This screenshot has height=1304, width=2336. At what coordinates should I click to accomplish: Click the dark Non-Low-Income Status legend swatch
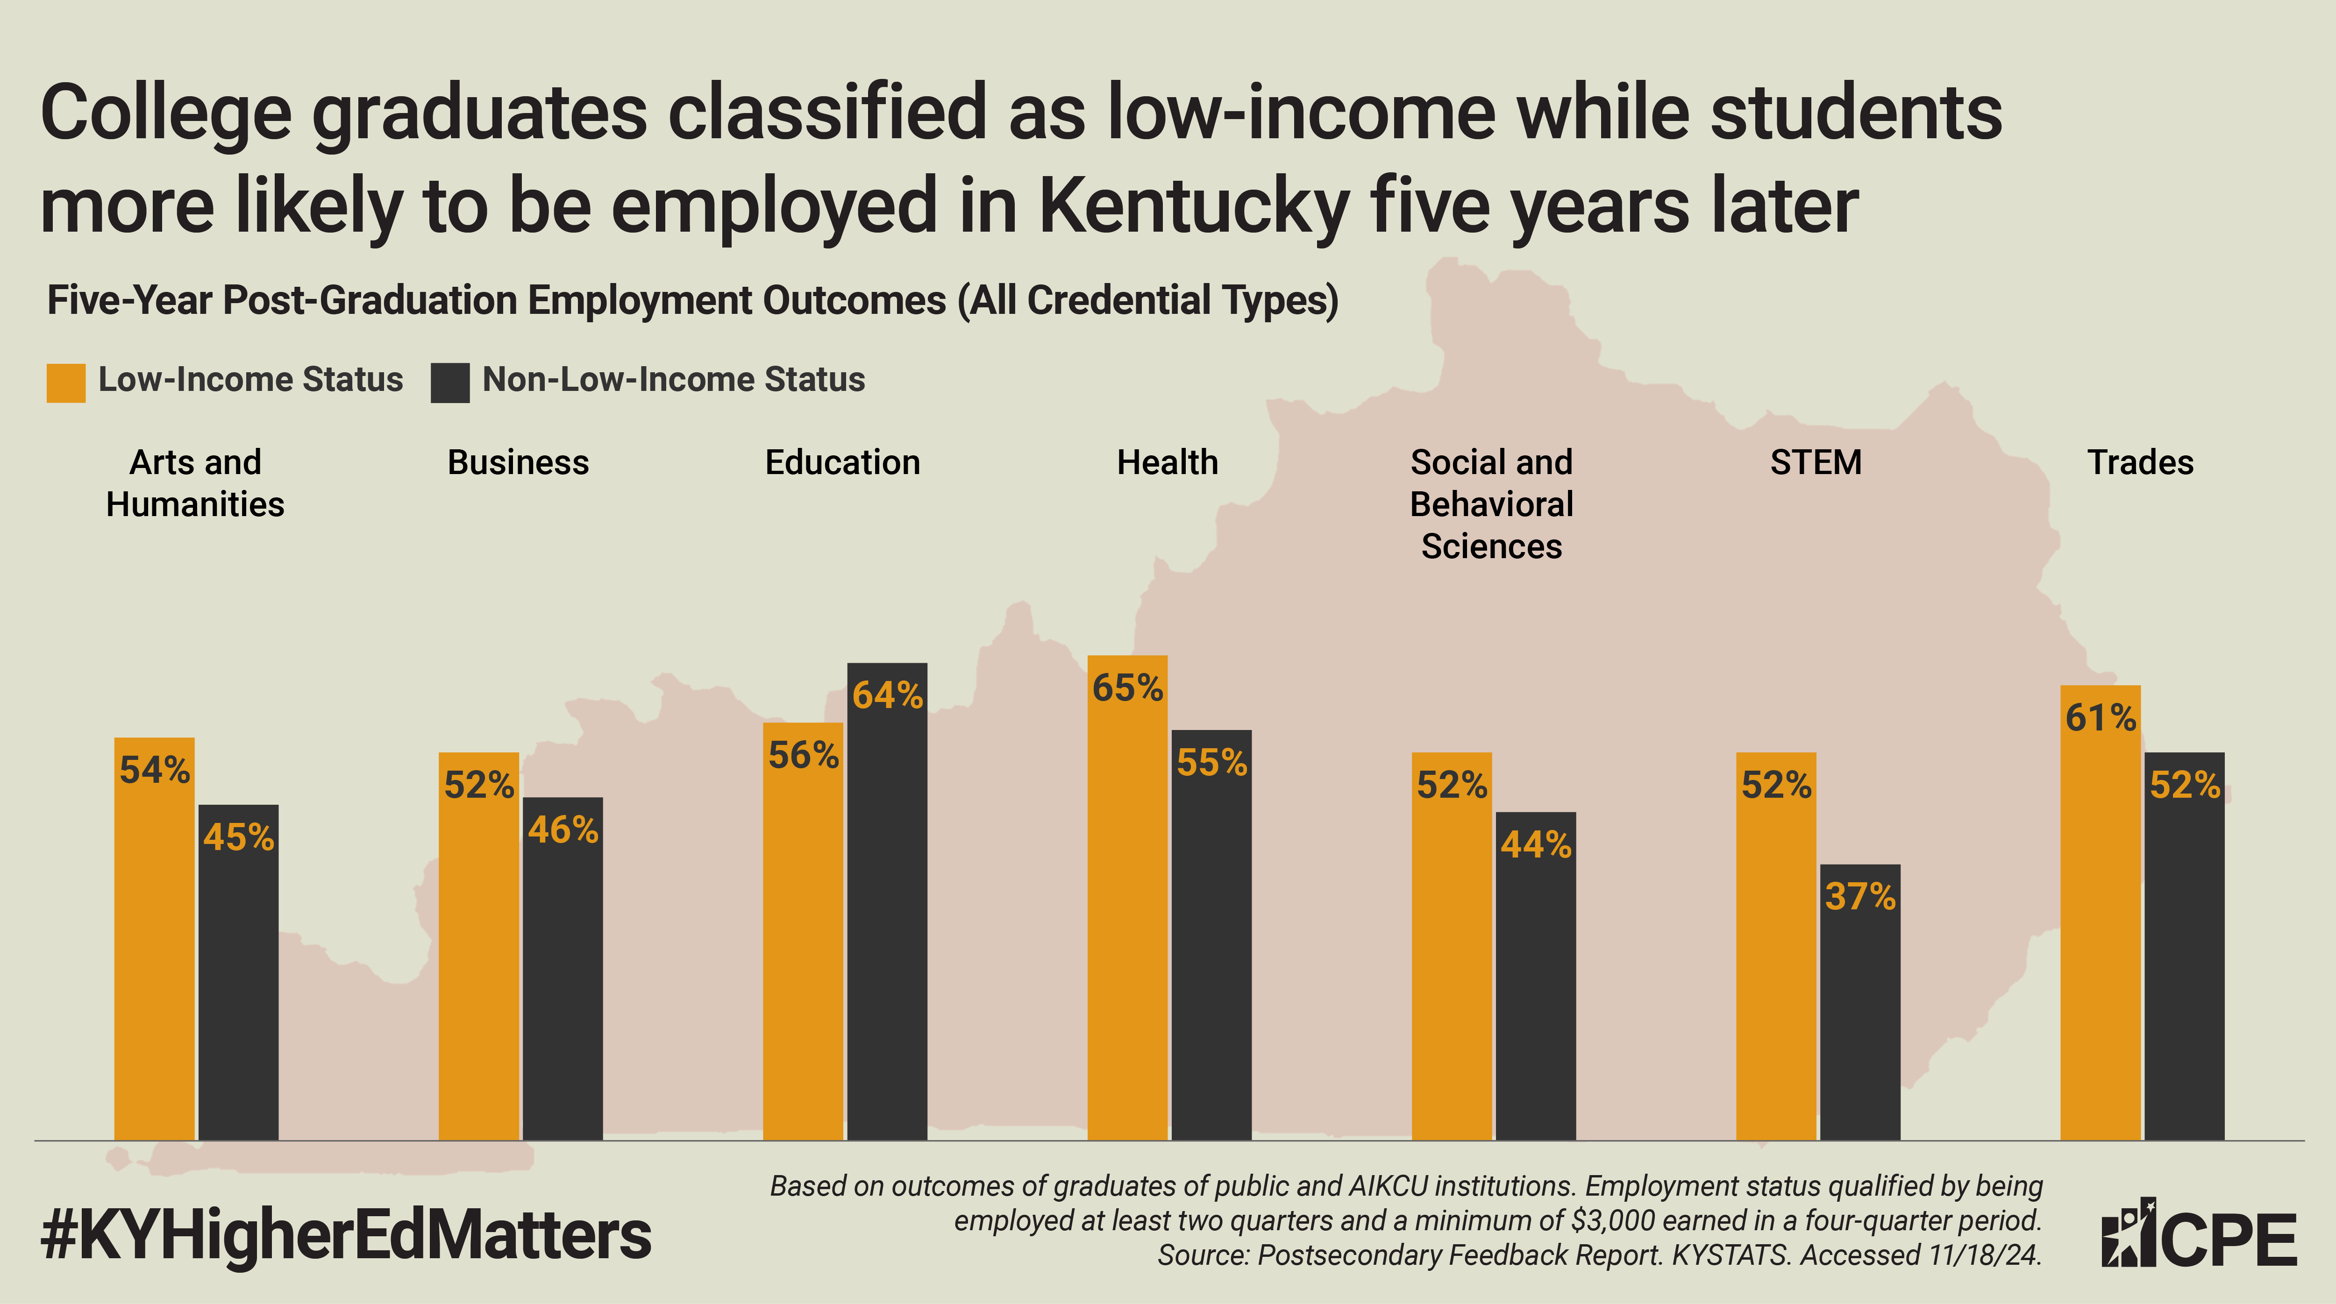click(450, 383)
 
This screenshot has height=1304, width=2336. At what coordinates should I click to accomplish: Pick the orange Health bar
click(1127, 907)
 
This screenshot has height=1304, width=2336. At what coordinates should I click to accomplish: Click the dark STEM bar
click(1860, 1006)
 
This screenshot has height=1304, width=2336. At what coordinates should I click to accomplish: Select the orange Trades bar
click(2100, 925)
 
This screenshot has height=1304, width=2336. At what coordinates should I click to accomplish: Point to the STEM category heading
click(1816, 462)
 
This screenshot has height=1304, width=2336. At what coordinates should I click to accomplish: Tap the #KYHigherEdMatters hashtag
click(346, 1235)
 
